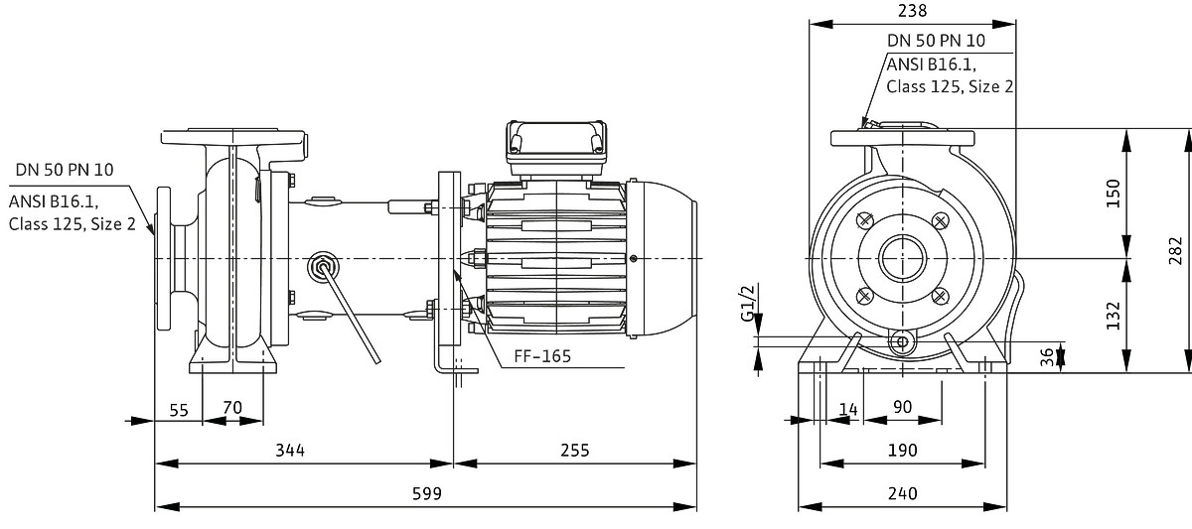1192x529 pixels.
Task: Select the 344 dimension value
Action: (289, 450)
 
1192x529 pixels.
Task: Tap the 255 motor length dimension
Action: (574, 450)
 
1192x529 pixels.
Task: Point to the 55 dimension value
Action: (179, 407)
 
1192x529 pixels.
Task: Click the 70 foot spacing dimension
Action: (232, 407)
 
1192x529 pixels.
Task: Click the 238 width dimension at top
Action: (911, 11)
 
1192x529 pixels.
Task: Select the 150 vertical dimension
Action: (1113, 193)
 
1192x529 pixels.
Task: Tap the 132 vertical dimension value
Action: (1113, 315)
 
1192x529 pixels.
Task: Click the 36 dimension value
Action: (1046, 357)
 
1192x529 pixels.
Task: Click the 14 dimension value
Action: (847, 407)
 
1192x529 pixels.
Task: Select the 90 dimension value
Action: (902, 407)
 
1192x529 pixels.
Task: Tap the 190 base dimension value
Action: (902, 450)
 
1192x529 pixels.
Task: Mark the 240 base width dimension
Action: (902, 493)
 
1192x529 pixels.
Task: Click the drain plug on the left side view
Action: (322, 265)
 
